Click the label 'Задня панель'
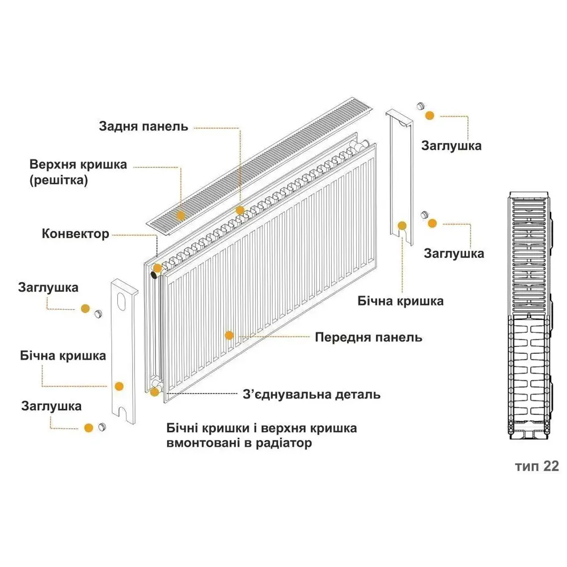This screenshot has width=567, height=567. click(x=143, y=126)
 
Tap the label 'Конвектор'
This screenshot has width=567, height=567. click(x=75, y=234)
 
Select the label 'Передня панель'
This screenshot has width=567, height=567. click(x=369, y=337)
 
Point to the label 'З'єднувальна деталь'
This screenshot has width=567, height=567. click(x=312, y=394)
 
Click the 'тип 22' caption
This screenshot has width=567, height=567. click(x=537, y=467)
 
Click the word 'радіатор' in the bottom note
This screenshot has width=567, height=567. click(x=284, y=443)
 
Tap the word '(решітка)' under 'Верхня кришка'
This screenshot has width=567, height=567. click(x=58, y=180)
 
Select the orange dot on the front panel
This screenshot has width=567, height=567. click(x=229, y=335)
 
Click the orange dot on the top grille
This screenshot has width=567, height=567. click(x=180, y=215)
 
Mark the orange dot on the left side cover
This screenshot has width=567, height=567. click(x=119, y=386)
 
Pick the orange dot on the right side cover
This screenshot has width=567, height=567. click(x=402, y=226)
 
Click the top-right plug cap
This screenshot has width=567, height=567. click(x=420, y=106)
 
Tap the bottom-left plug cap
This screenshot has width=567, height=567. click(x=102, y=427)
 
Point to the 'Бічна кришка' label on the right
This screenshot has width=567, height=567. click(x=400, y=301)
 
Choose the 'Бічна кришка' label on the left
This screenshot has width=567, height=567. click(x=63, y=356)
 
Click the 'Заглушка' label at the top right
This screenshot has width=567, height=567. click(x=451, y=146)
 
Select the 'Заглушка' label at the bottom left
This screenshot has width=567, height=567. click(x=52, y=406)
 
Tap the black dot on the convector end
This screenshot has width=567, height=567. click(x=154, y=275)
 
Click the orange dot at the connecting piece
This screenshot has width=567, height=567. click(x=154, y=392)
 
